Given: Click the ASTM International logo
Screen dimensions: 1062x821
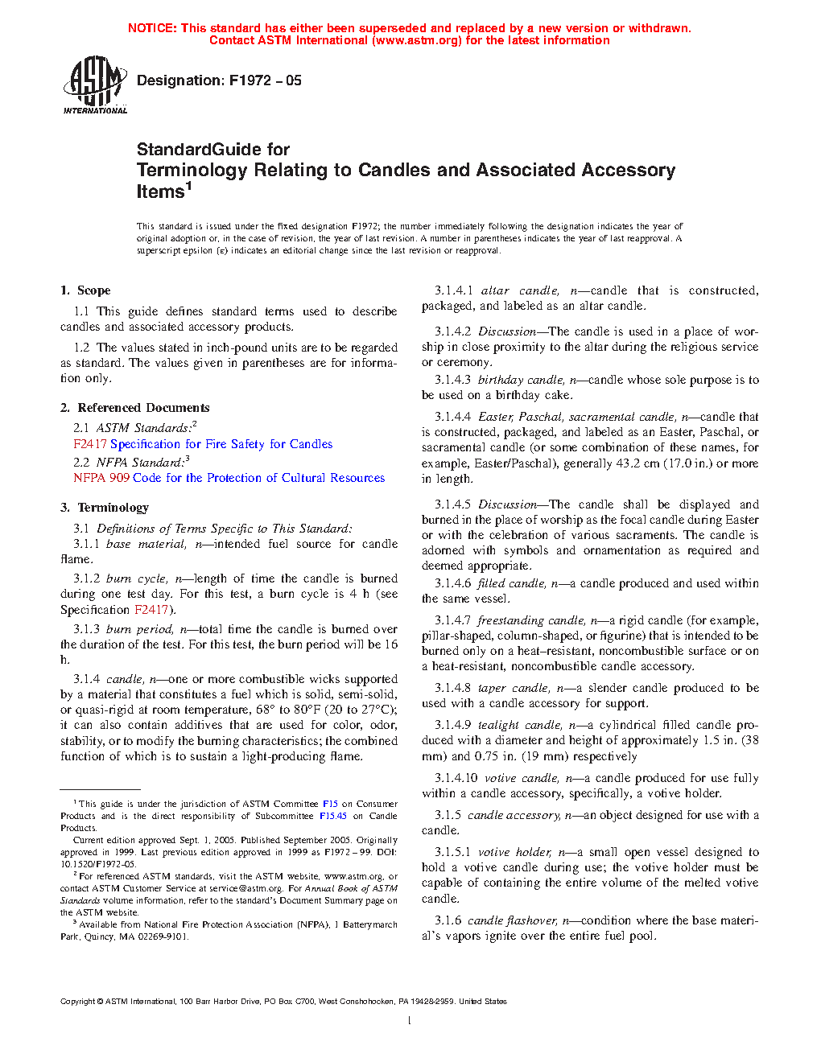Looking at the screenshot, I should click(95, 84).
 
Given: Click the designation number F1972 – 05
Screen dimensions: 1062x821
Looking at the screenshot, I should click(265, 80).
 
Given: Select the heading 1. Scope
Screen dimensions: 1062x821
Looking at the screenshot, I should click(85, 290).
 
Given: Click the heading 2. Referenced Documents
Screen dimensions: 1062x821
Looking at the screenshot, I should click(134, 408).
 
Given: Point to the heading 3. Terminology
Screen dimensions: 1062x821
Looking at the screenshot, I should click(105, 508).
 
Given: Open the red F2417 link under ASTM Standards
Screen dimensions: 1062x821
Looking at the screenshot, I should click(89, 444).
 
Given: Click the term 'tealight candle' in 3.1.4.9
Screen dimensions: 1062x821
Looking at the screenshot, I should click(519, 725).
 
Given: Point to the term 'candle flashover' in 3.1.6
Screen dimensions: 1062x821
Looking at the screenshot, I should click(512, 920).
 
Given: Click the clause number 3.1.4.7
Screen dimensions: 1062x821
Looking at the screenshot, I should click(452, 620).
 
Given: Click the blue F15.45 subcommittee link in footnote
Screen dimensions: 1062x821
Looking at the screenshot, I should click(332, 816).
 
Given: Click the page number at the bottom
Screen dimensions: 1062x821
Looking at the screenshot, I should click(410, 1021).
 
